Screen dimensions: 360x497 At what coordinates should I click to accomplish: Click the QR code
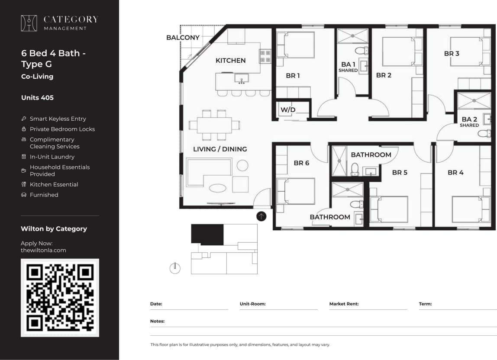tap(60, 298)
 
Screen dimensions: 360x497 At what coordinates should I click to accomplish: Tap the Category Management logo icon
tap(29, 23)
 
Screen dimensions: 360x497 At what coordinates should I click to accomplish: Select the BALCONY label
tap(183, 38)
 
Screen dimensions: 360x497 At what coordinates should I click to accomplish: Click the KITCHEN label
tap(230, 61)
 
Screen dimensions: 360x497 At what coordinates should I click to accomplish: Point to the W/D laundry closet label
tap(288, 110)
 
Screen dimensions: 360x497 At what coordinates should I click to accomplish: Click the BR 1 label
tap(293, 76)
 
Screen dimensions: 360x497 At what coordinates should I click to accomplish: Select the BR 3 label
tap(452, 54)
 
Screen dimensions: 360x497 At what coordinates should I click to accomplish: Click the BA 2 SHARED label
tap(469, 122)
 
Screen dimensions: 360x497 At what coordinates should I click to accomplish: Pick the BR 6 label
tap(301, 163)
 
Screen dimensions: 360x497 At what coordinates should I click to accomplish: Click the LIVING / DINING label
tap(220, 149)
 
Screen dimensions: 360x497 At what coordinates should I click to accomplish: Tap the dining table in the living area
tap(214, 125)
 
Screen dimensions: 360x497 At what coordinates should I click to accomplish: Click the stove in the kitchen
tap(265, 56)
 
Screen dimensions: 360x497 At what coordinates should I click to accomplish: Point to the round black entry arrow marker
tap(261, 216)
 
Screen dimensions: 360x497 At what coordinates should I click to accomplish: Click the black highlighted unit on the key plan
tap(207, 234)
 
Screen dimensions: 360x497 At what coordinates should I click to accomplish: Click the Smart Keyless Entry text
tap(58, 119)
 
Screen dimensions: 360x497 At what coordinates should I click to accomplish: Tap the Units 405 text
tap(37, 98)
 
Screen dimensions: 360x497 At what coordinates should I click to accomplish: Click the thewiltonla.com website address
tap(43, 250)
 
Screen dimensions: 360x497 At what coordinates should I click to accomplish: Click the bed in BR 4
tap(468, 209)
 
